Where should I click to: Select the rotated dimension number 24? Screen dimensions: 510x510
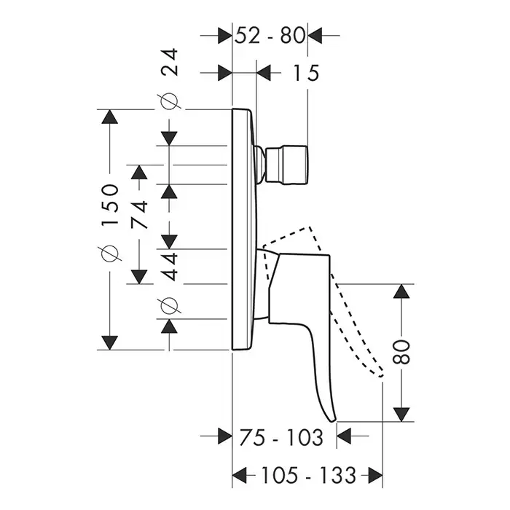(x=170, y=63)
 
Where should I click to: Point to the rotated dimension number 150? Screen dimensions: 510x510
(x=110, y=205)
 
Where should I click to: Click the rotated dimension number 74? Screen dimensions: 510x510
(x=139, y=214)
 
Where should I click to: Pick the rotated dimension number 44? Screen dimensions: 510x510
(x=170, y=266)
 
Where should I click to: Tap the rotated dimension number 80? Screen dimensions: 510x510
(x=401, y=353)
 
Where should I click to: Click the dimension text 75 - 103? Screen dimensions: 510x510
(x=280, y=437)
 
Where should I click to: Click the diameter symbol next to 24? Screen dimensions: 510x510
(x=170, y=102)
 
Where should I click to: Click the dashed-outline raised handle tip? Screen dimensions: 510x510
(x=380, y=372)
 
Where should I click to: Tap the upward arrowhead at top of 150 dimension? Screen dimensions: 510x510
(x=110, y=119)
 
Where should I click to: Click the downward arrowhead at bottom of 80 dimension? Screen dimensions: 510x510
(x=401, y=413)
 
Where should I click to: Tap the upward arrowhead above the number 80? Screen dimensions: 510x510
(x=401, y=292)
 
